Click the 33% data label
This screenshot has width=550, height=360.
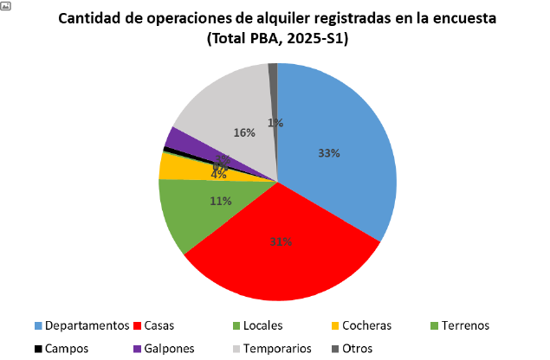click(x=329, y=153)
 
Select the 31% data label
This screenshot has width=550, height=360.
click(x=280, y=241)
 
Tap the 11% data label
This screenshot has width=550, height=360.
click(x=220, y=201)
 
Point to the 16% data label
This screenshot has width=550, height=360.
click(x=244, y=132)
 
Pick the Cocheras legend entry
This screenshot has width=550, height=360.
click(x=365, y=325)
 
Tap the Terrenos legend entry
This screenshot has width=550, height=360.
click(x=463, y=325)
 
